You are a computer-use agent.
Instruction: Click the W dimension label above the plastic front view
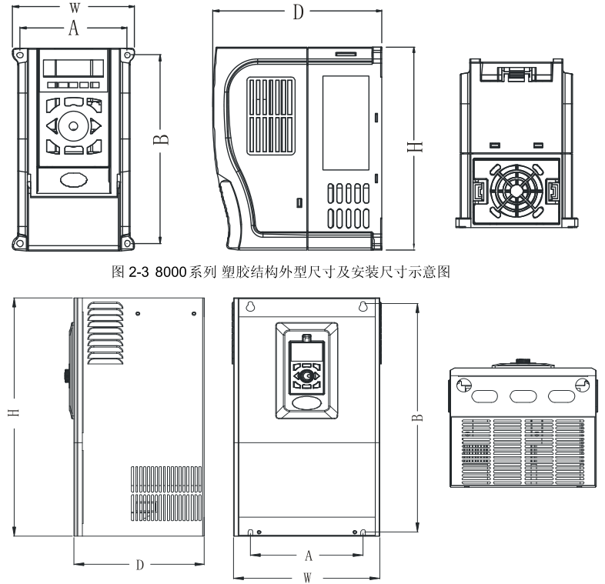pos(74,8)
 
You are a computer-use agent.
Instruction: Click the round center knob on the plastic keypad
pos(74,124)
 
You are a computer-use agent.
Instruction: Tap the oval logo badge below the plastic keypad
pos(74,178)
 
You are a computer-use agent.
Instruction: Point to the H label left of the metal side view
pos(14,412)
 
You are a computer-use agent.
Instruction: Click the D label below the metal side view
pos(139,564)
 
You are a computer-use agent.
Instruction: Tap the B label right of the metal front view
pos(416,415)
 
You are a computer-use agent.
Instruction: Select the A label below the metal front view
pos(309,554)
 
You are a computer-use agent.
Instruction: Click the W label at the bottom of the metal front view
pos(307,576)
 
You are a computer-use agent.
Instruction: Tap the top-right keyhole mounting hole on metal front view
pos(363,305)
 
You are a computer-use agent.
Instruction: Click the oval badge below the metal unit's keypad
pos(308,402)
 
